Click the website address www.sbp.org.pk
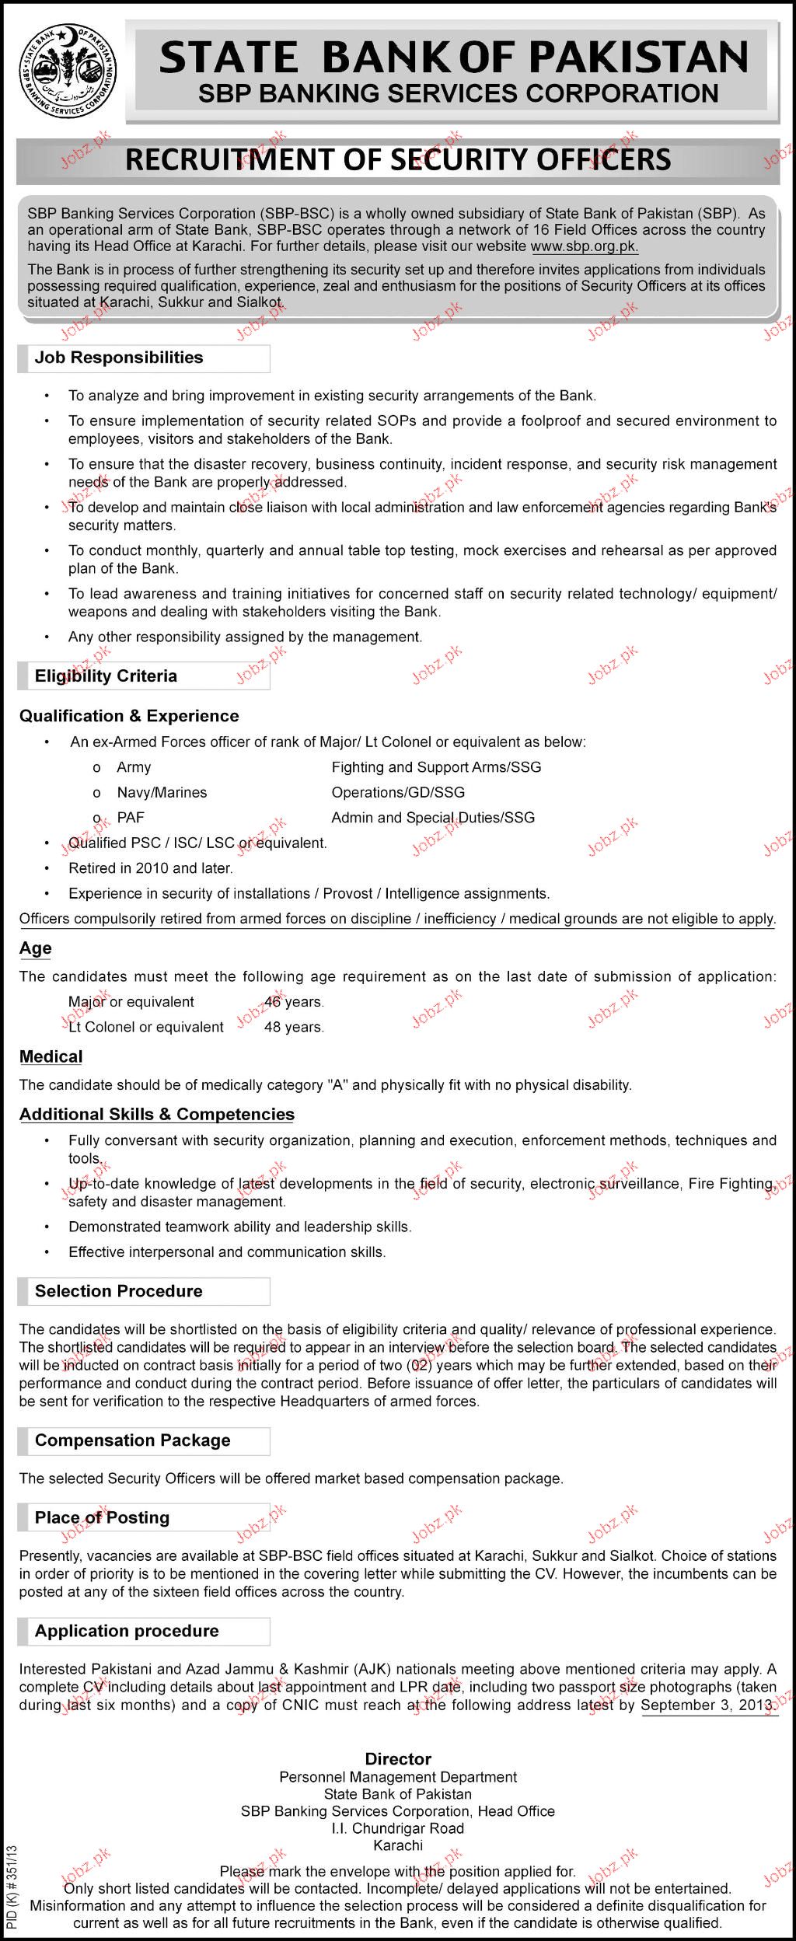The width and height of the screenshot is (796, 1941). click(x=585, y=246)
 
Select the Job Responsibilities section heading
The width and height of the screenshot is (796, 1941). click(x=119, y=358)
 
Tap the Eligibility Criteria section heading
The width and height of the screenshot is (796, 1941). click(x=106, y=676)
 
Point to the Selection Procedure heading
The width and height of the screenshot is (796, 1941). click(x=118, y=1291)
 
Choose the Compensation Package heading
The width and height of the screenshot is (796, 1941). click(x=132, y=1440)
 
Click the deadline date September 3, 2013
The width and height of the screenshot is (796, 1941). click(x=707, y=1684)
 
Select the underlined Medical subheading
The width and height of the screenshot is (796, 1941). click(x=51, y=1056)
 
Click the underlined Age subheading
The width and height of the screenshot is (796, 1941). click(x=36, y=948)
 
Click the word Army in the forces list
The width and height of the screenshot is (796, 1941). click(x=134, y=767)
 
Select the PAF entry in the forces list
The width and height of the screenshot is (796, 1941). click(x=131, y=818)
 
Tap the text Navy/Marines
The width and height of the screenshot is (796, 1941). click(x=162, y=793)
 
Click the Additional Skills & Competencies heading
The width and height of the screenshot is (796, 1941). click(x=157, y=1115)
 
